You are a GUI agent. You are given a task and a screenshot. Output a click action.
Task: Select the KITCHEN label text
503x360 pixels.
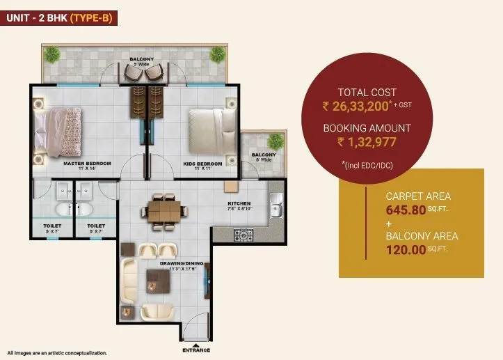click(x=239, y=204)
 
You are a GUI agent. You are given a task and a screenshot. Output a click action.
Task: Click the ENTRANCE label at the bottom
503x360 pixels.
click(x=195, y=350)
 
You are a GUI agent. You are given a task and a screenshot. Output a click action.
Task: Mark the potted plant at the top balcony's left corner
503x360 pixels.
click(x=50, y=54)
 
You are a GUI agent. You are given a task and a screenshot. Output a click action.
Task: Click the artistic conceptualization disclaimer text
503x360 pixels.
click(x=57, y=353)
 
